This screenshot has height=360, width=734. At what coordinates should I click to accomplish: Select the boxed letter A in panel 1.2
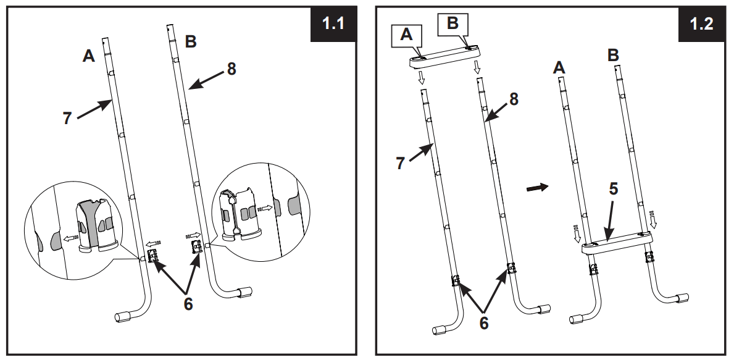pyautogui.click(x=406, y=35)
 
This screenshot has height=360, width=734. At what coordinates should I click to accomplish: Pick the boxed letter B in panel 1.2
pyautogui.click(x=452, y=24)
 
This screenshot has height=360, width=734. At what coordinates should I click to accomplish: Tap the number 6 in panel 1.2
pyautogui.click(x=483, y=322)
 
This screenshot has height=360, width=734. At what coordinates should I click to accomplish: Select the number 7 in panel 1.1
pyautogui.click(x=67, y=118)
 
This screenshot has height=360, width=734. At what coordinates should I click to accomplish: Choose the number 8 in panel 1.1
pyautogui.click(x=231, y=69)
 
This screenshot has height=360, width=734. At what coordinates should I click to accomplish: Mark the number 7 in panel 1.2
pyautogui.click(x=400, y=162)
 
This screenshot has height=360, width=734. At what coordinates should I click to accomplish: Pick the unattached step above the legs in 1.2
pyautogui.click(x=446, y=56)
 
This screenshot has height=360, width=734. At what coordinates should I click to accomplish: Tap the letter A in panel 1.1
pyautogui.click(x=90, y=56)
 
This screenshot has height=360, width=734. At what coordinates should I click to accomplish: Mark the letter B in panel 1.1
pyautogui.click(x=191, y=42)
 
